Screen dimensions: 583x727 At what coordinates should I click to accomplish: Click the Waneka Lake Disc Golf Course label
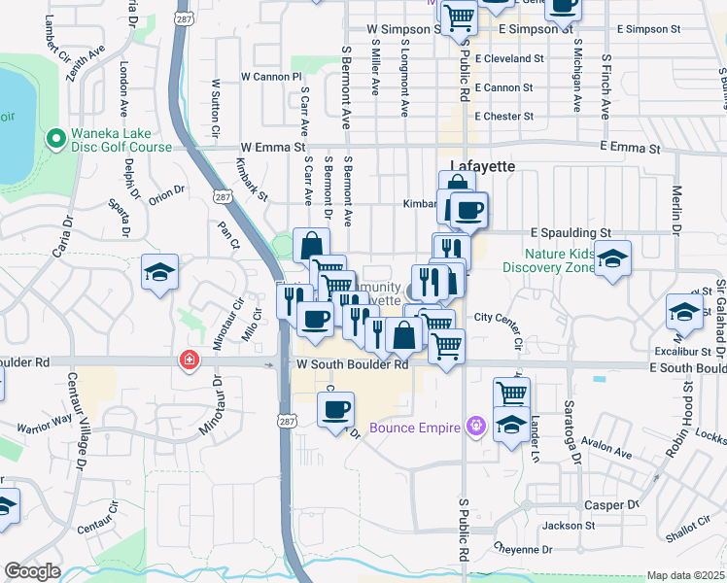(x=121, y=140)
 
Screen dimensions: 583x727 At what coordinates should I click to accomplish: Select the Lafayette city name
(x=483, y=166)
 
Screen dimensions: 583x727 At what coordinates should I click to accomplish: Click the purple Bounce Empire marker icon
(x=474, y=425)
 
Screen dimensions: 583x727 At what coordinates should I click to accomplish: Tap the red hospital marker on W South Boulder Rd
(x=186, y=361)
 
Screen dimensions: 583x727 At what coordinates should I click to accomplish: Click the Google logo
(x=32, y=571)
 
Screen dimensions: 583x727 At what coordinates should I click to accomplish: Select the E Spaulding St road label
(x=570, y=233)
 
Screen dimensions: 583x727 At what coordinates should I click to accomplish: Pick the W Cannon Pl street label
(x=272, y=76)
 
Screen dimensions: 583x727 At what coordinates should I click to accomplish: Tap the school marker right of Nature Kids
(x=612, y=259)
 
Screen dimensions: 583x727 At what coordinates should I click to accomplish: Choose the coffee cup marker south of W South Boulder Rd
(x=335, y=409)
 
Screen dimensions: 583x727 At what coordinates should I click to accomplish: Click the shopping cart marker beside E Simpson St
(x=459, y=17)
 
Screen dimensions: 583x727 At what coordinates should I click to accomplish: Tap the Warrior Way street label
(x=45, y=425)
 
